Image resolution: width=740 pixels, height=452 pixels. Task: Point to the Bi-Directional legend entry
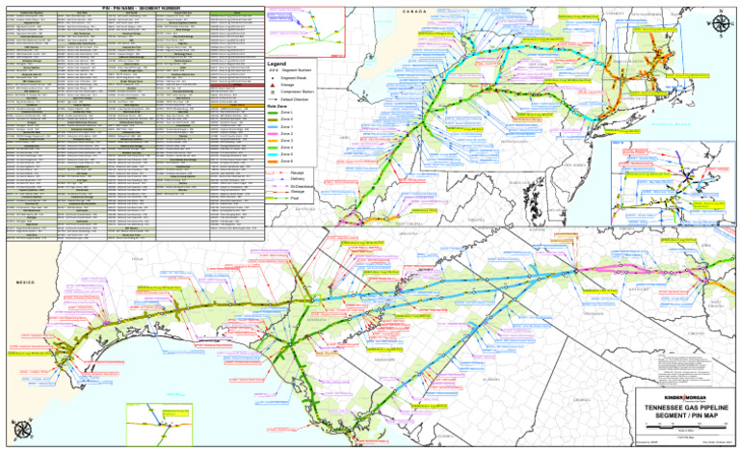point(300,185)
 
